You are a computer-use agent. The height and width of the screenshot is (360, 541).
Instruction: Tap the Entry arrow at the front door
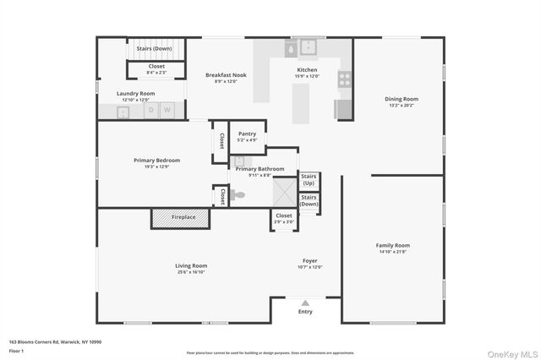(x=305, y=303)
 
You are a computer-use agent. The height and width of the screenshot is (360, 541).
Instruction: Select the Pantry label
(x=247, y=134)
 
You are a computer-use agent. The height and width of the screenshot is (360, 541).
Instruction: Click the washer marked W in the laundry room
(x=167, y=110)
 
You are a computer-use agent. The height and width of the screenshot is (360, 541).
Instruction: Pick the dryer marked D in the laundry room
(x=152, y=110)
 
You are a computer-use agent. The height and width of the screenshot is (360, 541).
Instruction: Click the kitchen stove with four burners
(x=345, y=80)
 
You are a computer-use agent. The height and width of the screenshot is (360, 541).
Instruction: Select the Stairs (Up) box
(x=309, y=180)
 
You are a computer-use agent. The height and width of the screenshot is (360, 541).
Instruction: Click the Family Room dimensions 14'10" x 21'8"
(x=392, y=252)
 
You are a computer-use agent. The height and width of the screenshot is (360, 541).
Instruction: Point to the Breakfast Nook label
(x=225, y=75)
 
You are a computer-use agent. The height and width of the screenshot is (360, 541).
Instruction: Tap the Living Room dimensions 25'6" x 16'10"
(x=192, y=272)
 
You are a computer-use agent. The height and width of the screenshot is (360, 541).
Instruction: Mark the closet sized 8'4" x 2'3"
(x=157, y=68)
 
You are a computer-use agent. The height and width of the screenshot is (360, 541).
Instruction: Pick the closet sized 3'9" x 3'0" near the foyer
(x=284, y=219)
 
